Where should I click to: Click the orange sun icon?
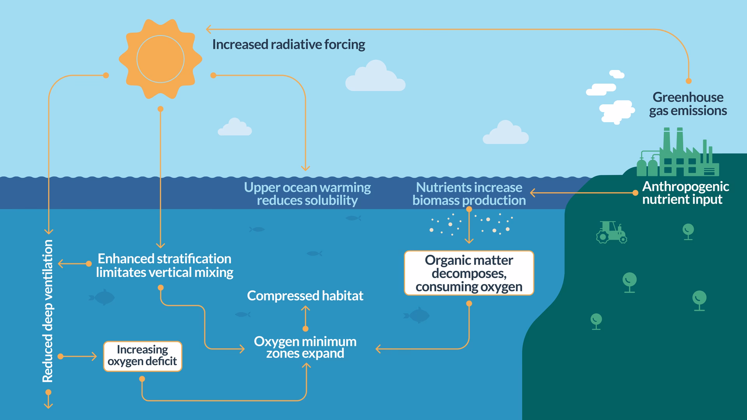160,59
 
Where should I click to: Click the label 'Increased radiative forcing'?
288,44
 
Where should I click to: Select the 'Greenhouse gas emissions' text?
687,104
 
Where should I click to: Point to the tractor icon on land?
611,232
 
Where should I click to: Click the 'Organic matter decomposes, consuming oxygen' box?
469,273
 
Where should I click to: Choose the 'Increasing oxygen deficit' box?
142,356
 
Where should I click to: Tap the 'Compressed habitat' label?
305,296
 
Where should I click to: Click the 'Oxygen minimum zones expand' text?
305,347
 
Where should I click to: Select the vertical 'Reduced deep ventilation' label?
47,311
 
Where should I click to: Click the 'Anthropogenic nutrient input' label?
685,193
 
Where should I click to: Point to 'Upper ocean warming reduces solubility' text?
307,194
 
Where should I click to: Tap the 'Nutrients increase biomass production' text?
469,194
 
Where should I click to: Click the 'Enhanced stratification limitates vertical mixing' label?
165,266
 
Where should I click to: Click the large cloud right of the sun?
375,77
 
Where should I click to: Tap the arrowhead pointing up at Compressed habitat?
305,308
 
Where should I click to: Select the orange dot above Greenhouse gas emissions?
689,81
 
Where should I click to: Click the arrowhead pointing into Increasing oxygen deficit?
95,356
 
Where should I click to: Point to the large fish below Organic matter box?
417,315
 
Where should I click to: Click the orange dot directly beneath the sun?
160,109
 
